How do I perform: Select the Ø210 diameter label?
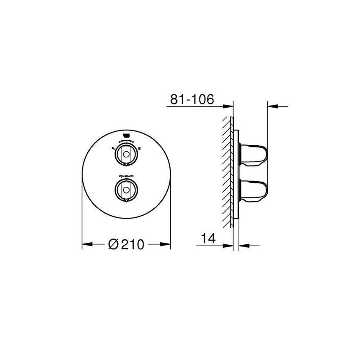[x=126, y=244]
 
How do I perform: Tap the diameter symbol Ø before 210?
[x=113, y=244]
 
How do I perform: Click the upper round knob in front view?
[x=126, y=153]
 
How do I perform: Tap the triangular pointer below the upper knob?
[x=126, y=163]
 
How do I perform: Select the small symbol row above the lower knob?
[x=126, y=176]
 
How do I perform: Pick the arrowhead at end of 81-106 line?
[x=229, y=107]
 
